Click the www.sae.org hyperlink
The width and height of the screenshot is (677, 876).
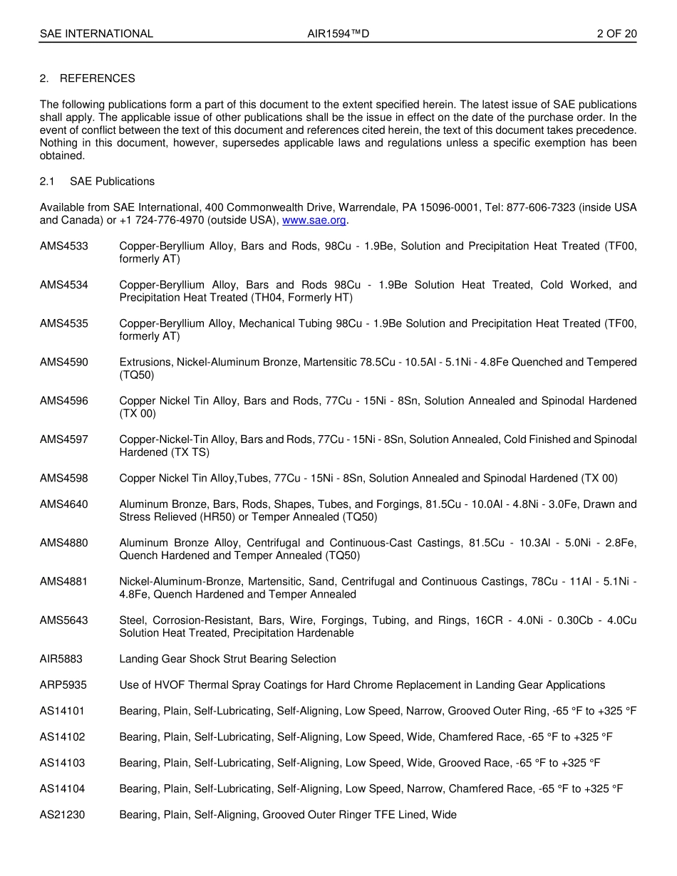[314, 220]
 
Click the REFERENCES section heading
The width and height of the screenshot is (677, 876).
[97, 78]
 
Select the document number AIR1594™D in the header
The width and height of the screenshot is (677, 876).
[338, 33]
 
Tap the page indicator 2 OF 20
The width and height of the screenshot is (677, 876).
[617, 33]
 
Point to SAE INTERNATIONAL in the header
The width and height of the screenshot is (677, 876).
[96, 33]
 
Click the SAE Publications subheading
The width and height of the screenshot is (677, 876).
[112, 182]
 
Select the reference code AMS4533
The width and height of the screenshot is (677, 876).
[64, 246]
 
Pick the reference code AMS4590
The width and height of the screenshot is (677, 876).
[64, 363]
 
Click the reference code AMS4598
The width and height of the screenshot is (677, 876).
[64, 479]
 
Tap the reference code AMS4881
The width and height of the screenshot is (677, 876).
[64, 582]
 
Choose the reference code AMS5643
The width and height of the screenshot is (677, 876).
[64, 620]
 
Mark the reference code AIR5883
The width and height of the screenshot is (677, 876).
[61, 659]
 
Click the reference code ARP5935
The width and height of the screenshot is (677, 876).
[63, 685]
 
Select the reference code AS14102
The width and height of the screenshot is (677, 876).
[62, 737]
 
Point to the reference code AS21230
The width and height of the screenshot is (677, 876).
[62, 815]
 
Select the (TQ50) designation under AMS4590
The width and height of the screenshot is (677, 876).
[137, 375]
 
